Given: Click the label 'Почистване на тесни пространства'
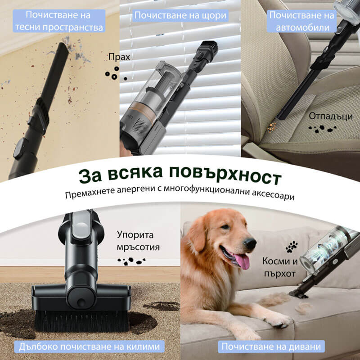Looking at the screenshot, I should point(60,21).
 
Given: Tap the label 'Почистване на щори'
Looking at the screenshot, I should point(180,16).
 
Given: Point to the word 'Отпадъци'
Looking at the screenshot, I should point(330,116).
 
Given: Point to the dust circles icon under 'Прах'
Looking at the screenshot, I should point(115,74).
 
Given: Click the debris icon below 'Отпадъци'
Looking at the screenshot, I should point(322,130).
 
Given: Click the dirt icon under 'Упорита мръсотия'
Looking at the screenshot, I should point(130,260).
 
